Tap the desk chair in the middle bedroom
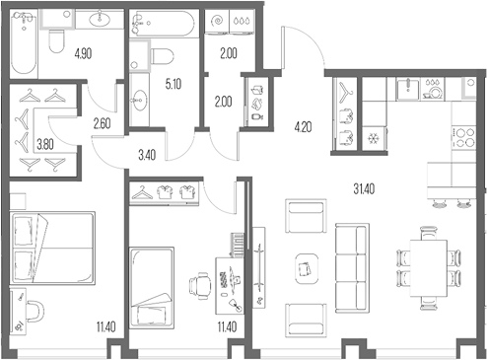200,285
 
